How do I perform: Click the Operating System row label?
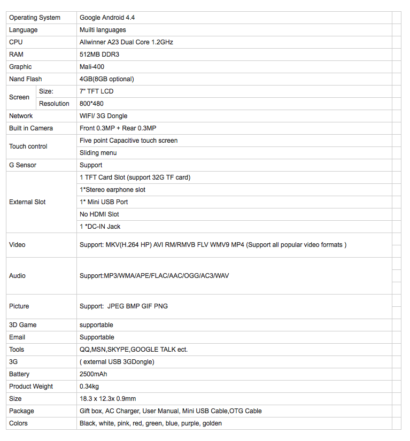[x=35, y=18]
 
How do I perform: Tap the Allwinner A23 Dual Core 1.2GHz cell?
[x=126, y=42]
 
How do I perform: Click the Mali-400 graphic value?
[x=92, y=67]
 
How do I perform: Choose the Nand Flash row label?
[x=26, y=79]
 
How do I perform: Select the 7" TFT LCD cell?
[x=97, y=91]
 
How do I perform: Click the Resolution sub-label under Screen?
[x=54, y=104]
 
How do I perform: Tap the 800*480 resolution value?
[x=92, y=104]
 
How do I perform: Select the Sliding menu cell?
[x=98, y=153]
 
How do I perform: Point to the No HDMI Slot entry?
[x=99, y=214]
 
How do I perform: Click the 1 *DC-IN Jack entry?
[x=100, y=227]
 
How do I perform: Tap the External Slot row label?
[x=27, y=202]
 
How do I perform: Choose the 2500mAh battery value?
[x=94, y=374]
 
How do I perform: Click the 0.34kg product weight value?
[x=89, y=386]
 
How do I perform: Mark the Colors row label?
[x=19, y=423]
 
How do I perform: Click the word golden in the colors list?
[x=212, y=423]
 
